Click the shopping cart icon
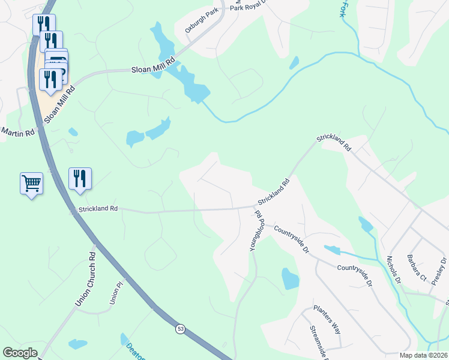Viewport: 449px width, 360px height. point(31,183)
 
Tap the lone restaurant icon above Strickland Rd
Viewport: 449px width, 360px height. point(80,178)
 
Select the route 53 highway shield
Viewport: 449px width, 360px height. point(180,329)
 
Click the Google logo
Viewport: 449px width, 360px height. point(20,353)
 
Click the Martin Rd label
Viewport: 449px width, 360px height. point(18,131)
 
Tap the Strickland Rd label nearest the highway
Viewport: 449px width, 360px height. point(97,208)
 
